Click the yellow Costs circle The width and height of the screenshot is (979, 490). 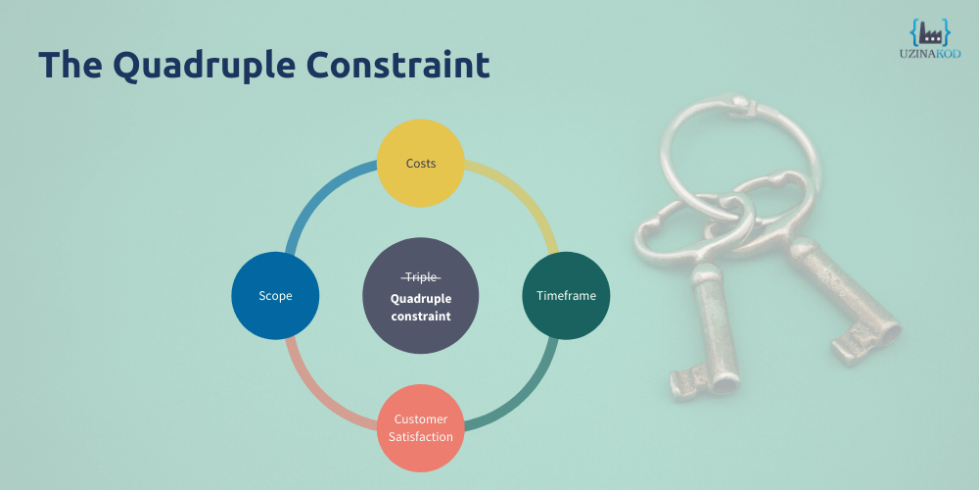coord(420,163)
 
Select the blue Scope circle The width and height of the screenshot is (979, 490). coord(275,296)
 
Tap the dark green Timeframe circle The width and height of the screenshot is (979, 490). coord(566,296)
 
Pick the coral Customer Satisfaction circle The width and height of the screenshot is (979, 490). coord(420,428)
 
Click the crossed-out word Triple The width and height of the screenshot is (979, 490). coord(421,277)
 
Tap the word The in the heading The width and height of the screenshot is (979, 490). coord(70,65)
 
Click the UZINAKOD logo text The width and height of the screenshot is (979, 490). coord(930,54)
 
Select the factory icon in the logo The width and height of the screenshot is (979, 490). coord(930,32)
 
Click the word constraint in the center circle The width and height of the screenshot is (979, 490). coord(421,316)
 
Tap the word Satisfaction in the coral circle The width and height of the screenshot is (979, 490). coord(421,436)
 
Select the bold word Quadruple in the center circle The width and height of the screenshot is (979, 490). coord(421,299)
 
